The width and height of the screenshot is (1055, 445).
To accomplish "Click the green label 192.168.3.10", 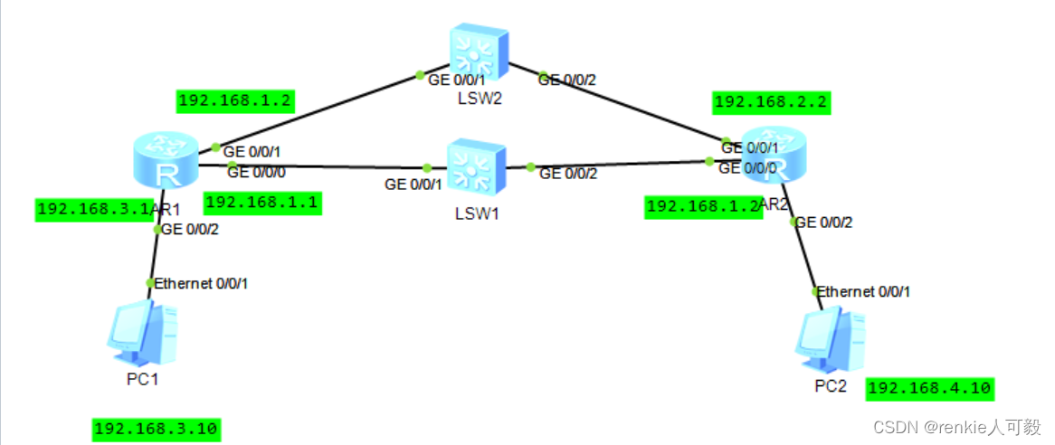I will pyautogui.click(x=157, y=430).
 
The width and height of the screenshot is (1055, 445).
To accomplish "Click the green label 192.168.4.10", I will pyautogui.click(x=929, y=389).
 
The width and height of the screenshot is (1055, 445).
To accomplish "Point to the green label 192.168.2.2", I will pyautogui.click(x=771, y=103).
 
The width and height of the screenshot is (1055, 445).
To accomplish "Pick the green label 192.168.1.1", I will pyautogui.click(x=261, y=204).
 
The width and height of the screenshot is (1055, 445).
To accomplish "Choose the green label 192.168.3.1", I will pyautogui.click(x=93, y=210).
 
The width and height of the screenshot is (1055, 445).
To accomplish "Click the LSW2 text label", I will pyautogui.click(x=479, y=98).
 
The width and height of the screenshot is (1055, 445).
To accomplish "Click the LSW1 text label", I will pyautogui.click(x=477, y=213).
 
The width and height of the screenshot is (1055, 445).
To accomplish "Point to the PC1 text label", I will pyautogui.click(x=143, y=379).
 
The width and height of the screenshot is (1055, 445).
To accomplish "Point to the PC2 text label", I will pyautogui.click(x=831, y=386).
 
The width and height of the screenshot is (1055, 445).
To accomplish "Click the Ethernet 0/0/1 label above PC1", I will pyautogui.click(x=201, y=283).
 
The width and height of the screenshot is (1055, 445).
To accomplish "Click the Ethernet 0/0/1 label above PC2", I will pyautogui.click(x=864, y=291).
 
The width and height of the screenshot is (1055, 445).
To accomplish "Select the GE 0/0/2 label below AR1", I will pyautogui.click(x=190, y=229).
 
